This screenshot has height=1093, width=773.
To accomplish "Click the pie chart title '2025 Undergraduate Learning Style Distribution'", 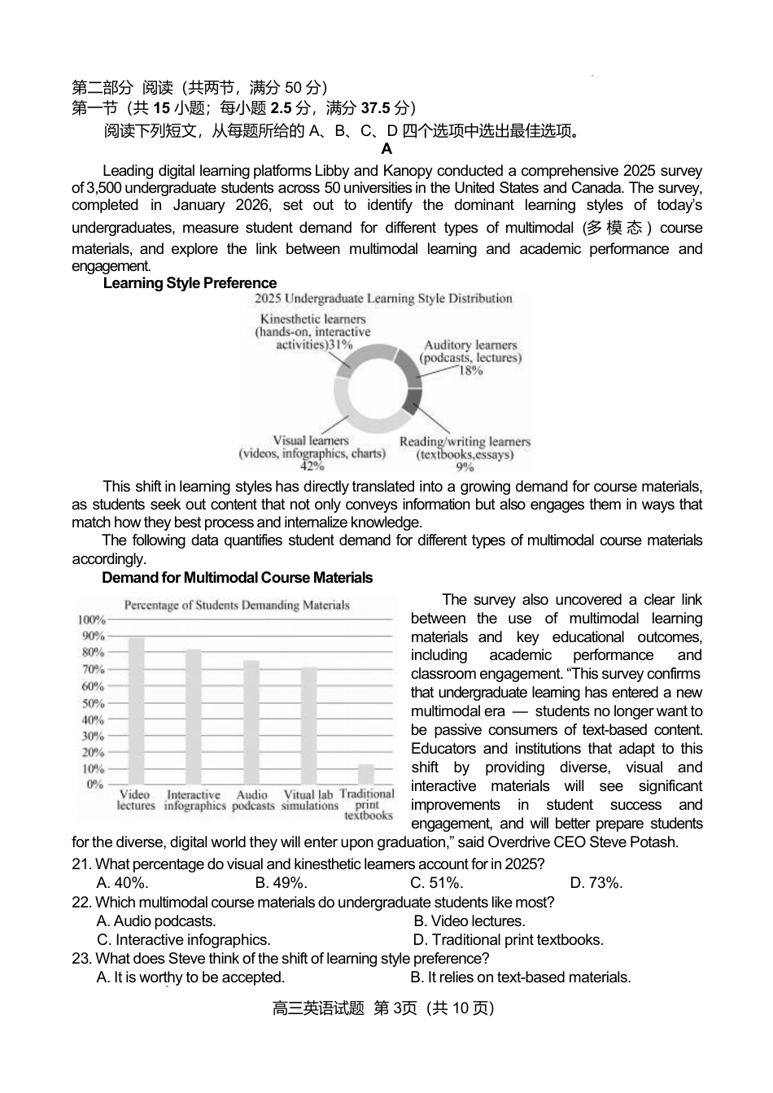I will click(x=382, y=299).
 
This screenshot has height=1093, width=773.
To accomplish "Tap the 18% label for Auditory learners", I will click(x=470, y=370).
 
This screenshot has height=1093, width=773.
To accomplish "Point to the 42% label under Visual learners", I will click(x=312, y=466).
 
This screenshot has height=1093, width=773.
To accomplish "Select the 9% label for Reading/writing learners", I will click(x=465, y=467).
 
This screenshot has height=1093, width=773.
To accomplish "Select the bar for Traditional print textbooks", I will click(x=366, y=773).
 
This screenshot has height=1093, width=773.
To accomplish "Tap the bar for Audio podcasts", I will click(x=252, y=721).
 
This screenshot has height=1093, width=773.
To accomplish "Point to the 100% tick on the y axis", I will click(x=91, y=620).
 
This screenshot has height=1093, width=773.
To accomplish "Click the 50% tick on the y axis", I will click(x=93, y=703).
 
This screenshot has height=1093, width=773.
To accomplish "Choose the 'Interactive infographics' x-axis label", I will click(x=194, y=800).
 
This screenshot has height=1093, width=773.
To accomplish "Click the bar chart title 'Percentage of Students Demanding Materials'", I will click(x=236, y=606).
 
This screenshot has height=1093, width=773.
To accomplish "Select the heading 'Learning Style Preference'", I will click(x=190, y=283).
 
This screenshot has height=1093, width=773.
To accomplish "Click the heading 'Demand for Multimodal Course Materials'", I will click(x=237, y=578).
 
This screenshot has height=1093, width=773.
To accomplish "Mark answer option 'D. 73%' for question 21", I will click(x=596, y=883).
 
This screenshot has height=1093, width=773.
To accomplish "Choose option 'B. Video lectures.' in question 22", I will click(x=469, y=921).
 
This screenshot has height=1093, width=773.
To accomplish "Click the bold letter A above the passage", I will click(x=386, y=149).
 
